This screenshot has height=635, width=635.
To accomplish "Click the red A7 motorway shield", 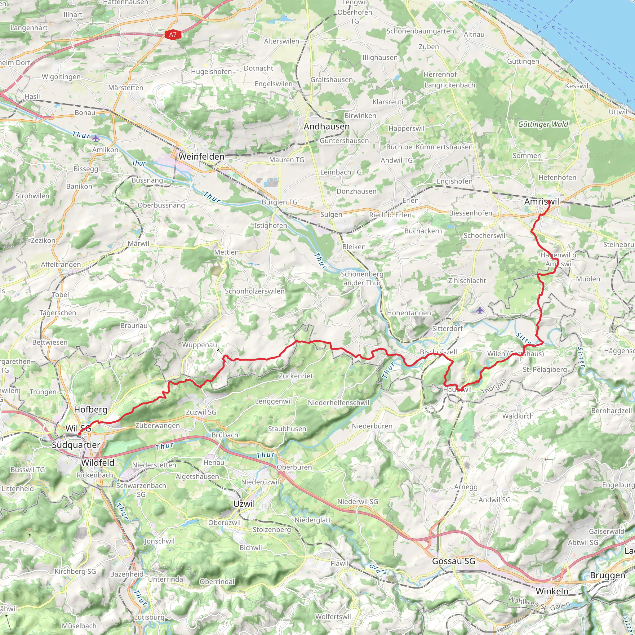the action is tap(173, 34).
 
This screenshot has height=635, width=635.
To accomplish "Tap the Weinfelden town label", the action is tap(202, 157).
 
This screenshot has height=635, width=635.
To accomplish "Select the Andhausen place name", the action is tap(326, 127).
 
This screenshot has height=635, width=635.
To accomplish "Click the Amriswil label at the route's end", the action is tap(541, 202).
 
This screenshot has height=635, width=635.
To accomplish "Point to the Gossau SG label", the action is tap(454, 561).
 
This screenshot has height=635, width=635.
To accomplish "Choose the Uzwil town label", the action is tap(244, 504).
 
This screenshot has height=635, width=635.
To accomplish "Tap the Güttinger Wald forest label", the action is tap(543, 124).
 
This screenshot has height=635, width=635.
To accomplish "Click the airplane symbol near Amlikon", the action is tap(95, 138).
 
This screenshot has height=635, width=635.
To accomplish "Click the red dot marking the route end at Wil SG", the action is tap(79, 434).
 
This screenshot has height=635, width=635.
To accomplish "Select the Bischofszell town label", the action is tap(438, 352).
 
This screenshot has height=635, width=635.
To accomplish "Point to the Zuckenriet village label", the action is tap(296, 376).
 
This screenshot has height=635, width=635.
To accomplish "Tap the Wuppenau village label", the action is tap(199, 345).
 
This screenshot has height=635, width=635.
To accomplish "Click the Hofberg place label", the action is tap(91, 409).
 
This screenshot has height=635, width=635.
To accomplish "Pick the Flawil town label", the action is tap(339, 563).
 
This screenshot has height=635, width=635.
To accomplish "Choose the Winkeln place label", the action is tap(552, 591).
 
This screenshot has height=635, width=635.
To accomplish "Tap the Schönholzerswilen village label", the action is tap(255, 291).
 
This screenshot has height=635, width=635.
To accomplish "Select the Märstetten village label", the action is tap(126, 88).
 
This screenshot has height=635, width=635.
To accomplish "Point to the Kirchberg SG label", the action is tap(75, 571).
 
